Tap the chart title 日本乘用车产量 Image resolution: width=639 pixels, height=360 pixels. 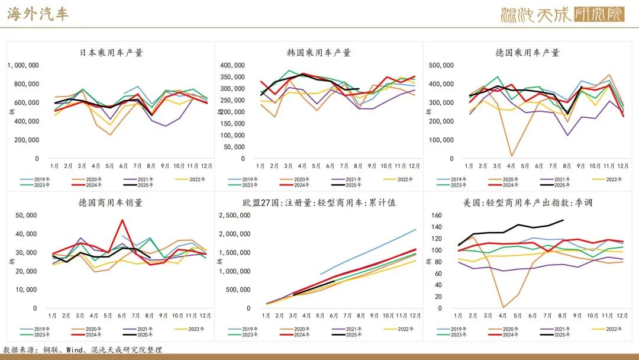tap(111, 53)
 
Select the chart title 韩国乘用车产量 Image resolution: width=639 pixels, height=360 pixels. tap(319, 53)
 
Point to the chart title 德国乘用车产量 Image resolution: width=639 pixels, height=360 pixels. tap(527, 53)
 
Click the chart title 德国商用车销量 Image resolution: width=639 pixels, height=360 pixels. tap(111, 202)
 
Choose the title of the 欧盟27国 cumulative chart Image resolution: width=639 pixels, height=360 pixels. tap(319, 202)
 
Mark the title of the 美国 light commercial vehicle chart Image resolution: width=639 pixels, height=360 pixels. tap(528, 202)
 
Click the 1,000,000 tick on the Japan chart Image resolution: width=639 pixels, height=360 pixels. tap(23, 66)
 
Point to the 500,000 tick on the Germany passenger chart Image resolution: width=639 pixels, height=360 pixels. tap(441, 66)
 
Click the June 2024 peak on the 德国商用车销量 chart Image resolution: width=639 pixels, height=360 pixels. tap(122, 220)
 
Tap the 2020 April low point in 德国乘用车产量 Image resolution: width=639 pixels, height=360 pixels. tap(511, 156)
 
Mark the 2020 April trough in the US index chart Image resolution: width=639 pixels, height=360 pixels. tap(504, 307)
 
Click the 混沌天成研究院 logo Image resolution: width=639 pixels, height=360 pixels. tap(562, 14)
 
